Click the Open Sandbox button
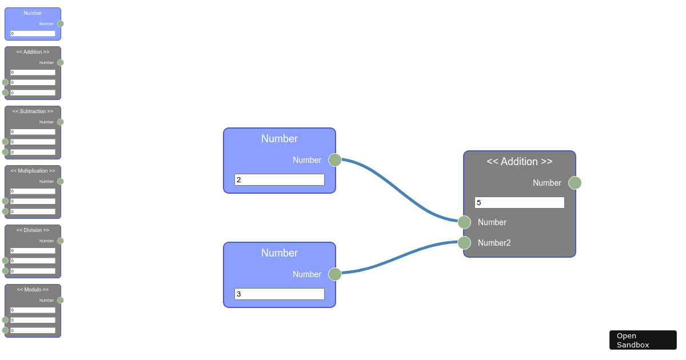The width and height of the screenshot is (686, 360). (x=643, y=340)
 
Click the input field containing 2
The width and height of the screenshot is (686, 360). (x=280, y=179)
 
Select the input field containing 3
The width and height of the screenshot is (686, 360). (x=280, y=294)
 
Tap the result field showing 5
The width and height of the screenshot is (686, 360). (x=520, y=203)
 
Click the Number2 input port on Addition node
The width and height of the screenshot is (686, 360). (x=464, y=243)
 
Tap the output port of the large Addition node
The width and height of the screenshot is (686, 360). (x=575, y=183)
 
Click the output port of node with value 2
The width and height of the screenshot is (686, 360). (x=335, y=160)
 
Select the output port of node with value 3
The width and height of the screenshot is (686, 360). (x=335, y=274)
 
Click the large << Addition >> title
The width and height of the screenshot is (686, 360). (x=520, y=161)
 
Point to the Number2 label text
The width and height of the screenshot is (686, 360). (x=494, y=243)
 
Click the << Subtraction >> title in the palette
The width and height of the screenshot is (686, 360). (x=33, y=111)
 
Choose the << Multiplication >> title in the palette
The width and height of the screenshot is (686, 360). (x=33, y=170)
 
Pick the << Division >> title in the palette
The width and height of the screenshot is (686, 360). (x=33, y=230)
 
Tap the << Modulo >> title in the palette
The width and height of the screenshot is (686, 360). (x=33, y=289)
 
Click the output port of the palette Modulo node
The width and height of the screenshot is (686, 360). (x=61, y=301)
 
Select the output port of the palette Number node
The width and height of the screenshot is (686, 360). (x=61, y=23)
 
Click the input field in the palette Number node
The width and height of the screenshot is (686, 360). (x=33, y=33)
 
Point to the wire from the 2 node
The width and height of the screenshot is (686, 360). (x=400, y=190)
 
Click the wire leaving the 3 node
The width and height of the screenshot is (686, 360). (x=400, y=258)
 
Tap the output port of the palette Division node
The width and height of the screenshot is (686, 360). (x=61, y=241)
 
